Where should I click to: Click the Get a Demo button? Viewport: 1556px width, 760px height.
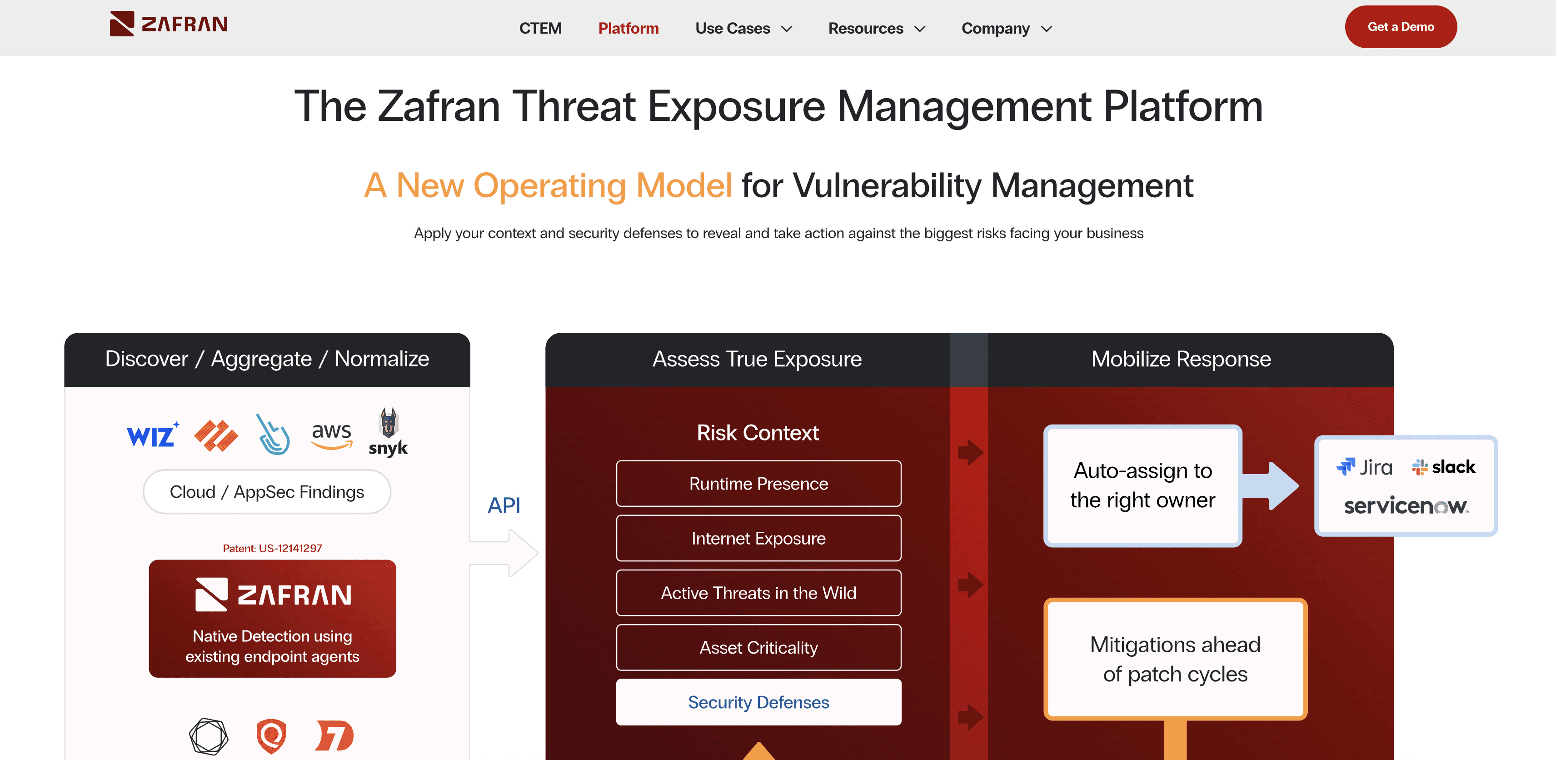1400,26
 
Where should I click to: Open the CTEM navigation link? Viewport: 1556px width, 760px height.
540,28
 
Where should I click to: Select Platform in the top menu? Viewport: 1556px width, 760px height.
628,28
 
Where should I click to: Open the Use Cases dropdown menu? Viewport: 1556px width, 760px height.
743,28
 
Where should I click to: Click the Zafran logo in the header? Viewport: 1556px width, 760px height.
169,24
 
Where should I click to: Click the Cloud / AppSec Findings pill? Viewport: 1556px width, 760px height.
267,492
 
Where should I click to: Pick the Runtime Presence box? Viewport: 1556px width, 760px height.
758,483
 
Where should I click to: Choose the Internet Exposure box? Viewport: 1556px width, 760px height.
758,538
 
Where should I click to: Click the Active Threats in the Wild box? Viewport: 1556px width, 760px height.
758,593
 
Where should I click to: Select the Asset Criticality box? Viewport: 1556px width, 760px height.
758,648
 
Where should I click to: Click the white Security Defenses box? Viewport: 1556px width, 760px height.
758,702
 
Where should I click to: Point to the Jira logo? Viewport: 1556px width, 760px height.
1365,467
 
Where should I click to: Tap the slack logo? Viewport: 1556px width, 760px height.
1444,467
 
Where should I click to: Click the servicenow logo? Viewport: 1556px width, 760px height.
1406,505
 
